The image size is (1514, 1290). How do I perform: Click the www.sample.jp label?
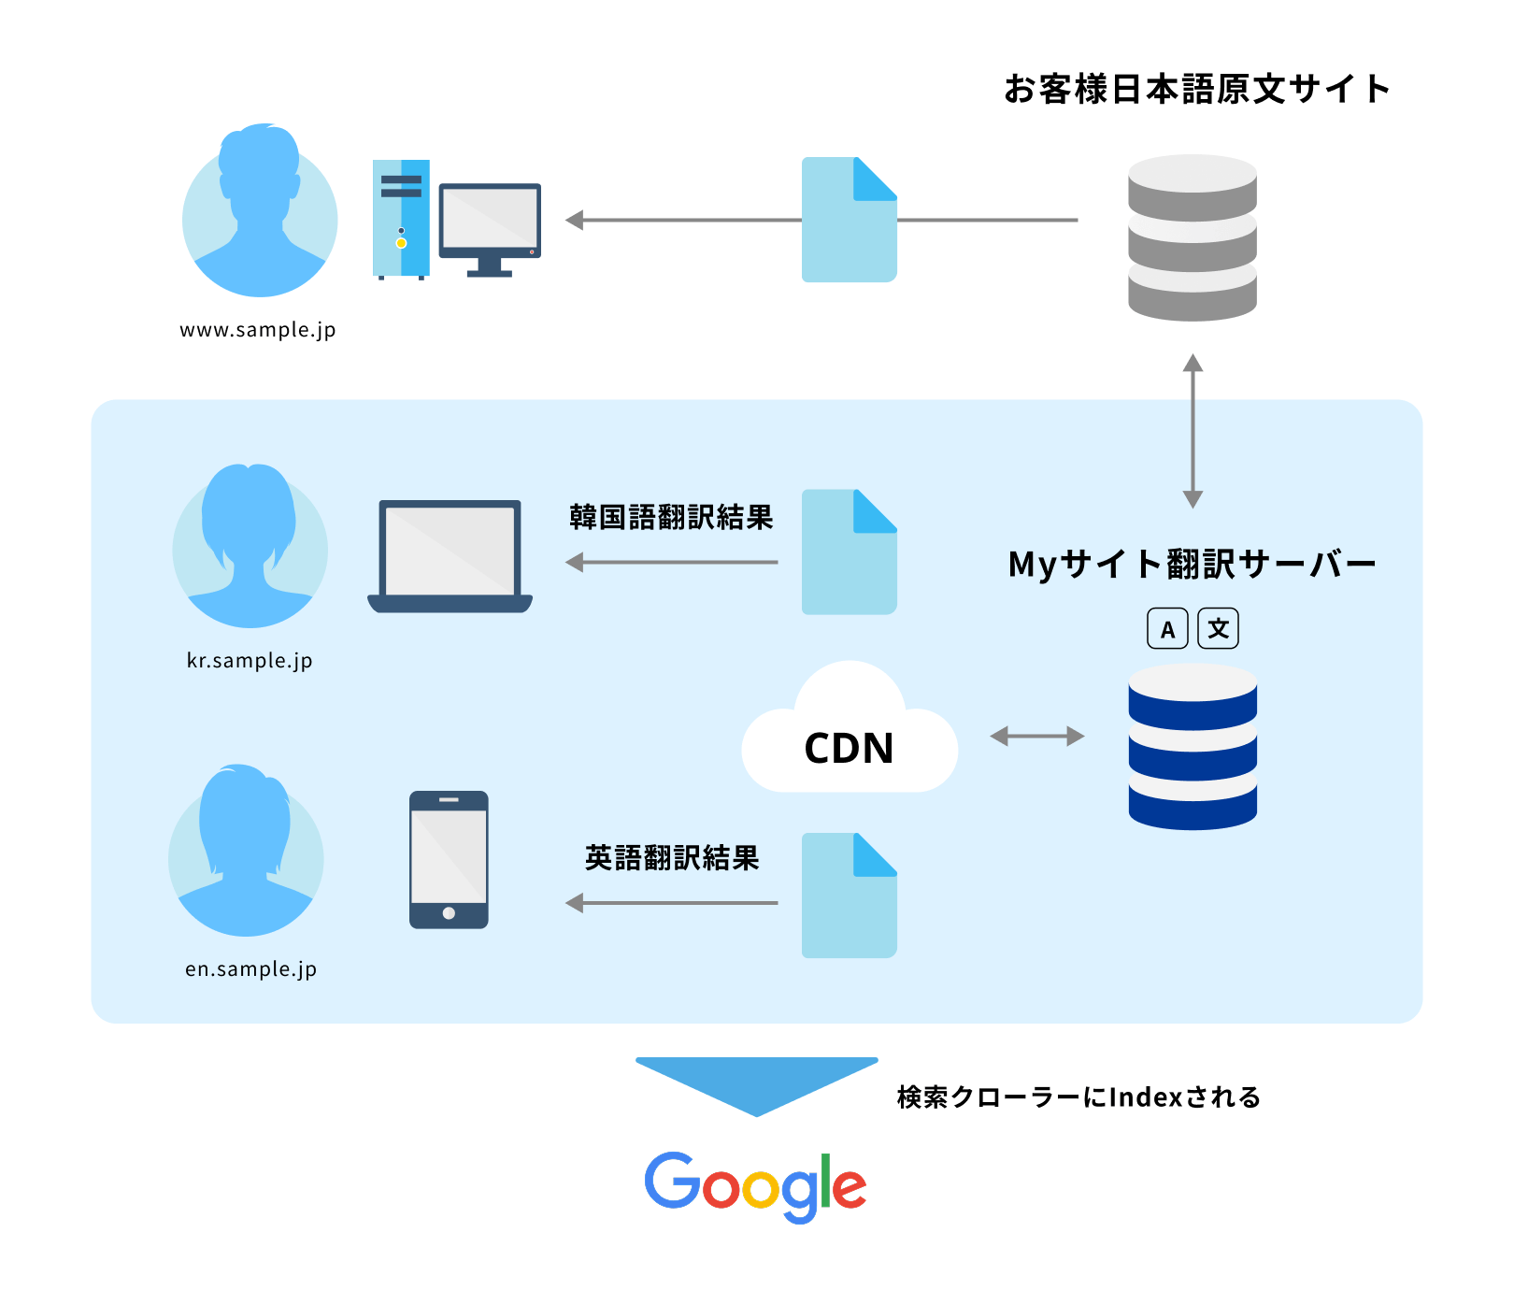click(x=257, y=330)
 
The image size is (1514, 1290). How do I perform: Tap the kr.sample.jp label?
click(x=250, y=661)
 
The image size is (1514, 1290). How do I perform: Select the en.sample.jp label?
click(x=250, y=969)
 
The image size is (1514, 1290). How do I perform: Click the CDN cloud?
click(x=849, y=738)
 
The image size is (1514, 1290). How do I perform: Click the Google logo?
click(x=755, y=1185)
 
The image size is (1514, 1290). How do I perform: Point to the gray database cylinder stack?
click(x=1192, y=238)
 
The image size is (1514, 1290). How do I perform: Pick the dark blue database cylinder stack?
click(x=1192, y=747)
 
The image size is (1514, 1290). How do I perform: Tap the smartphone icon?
click(x=449, y=860)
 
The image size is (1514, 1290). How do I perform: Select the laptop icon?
click(x=450, y=556)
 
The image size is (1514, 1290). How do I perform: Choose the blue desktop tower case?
click(x=401, y=219)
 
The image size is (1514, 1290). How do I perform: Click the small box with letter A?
click(x=1167, y=629)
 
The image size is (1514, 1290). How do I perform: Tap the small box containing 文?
click(x=1218, y=629)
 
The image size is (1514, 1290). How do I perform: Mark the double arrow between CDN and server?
click(x=1037, y=737)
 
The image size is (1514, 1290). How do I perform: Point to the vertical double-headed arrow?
click(x=1193, y=431)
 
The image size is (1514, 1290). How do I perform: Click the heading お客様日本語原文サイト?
click(x=1196, y=90)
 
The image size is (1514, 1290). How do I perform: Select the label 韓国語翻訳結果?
click(x=671, y=517)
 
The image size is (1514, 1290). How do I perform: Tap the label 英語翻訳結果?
click(x=671, y=857)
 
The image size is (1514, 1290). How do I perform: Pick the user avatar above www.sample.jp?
click(x=260, y=210)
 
